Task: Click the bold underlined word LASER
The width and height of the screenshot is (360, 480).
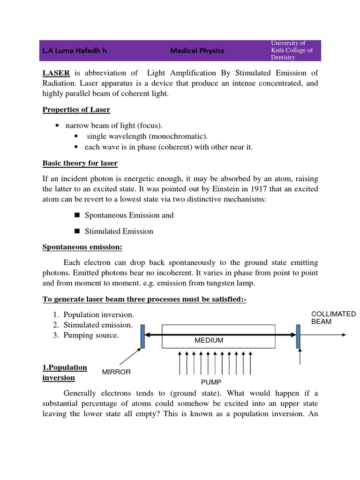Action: pos(56,73)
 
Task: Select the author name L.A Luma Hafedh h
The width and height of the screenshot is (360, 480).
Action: pos(75,51)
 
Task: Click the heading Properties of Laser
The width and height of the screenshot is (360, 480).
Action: pos(76,110)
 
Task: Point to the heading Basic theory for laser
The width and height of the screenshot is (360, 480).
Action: pos(80,163)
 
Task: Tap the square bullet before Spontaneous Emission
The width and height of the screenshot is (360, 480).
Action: pos(77,215)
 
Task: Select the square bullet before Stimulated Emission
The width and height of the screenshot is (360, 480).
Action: pos(77,231)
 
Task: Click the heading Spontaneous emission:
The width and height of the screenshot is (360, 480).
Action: pos(82,247)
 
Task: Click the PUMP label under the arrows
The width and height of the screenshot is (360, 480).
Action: pos(211,382)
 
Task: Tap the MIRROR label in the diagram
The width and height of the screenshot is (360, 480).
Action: pos(116,372)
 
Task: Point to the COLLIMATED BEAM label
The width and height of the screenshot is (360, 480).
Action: pos(333,318)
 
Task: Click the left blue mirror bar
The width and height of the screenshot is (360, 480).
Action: pos(142,336)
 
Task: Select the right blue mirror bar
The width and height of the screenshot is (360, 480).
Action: pos(298,336)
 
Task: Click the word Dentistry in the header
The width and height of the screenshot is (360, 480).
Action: pos(283,57)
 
